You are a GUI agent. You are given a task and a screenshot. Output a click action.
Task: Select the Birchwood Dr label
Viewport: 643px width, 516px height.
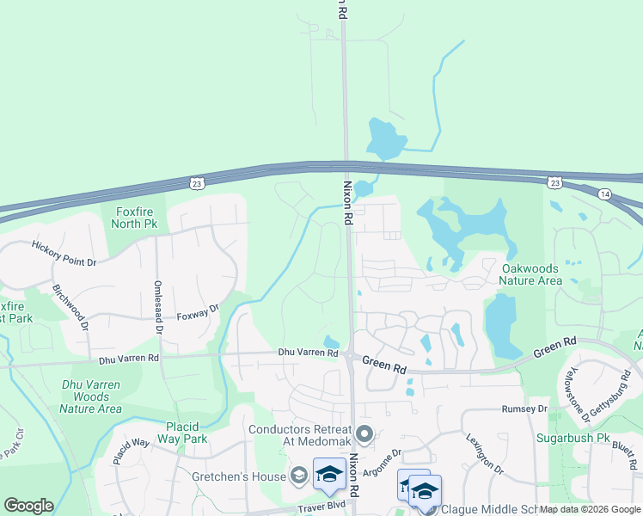pos(70,306)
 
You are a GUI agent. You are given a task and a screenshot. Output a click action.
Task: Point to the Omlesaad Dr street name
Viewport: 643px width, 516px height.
pos(158,310)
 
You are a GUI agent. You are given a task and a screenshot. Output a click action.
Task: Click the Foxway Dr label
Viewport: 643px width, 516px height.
pos(198,311)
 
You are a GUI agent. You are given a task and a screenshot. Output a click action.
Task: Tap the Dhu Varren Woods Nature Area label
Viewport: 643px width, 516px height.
pos(90,396)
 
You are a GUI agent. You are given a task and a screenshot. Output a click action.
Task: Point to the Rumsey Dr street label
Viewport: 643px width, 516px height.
pos(524,409)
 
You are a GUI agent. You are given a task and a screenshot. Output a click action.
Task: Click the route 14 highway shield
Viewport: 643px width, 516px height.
pos(605,195)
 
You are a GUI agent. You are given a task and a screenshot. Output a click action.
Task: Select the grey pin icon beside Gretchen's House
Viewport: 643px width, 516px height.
pos(298,475)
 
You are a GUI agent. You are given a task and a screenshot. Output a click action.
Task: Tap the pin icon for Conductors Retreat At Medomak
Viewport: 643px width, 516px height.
pos(364,435)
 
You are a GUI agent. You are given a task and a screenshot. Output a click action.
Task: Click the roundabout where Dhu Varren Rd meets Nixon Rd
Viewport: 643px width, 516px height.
pos(351,354)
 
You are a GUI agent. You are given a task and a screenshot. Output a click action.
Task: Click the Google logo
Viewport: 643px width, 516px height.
pos(28,506)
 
